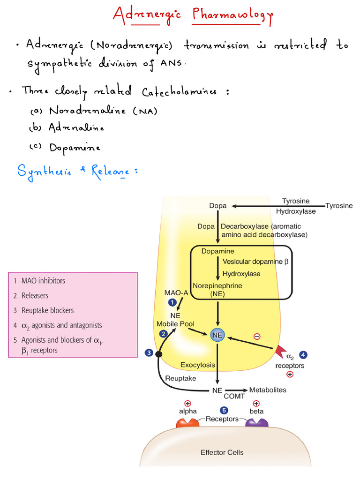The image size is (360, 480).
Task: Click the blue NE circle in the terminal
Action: [217, 335]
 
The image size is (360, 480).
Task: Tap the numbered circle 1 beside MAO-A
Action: [172, 302]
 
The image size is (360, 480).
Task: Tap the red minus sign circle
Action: [257, 336]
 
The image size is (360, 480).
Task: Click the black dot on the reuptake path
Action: [159, 354]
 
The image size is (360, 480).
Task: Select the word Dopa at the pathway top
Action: [218, 206]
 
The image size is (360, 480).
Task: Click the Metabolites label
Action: [267, 390]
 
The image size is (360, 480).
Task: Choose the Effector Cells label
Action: [222, 452]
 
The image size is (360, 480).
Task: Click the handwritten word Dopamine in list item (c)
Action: [75, 148]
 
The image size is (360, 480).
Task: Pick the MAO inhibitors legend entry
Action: [43, 281]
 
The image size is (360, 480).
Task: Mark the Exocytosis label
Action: [198, 365]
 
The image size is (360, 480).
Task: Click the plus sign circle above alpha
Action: [187, 403]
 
